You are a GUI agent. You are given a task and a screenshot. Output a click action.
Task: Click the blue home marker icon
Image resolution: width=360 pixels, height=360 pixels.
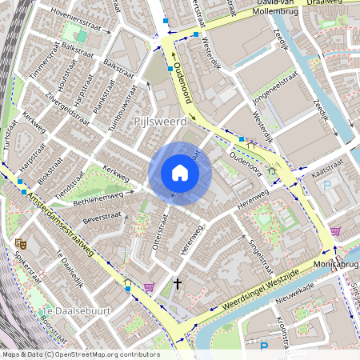pos(180,173)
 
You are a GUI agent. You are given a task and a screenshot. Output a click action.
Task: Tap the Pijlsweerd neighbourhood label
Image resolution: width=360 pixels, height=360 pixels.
pos(159,122)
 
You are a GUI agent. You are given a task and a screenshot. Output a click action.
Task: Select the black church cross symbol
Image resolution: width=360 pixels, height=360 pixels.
pos(178,283)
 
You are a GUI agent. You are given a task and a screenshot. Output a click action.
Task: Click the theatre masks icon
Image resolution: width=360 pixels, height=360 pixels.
pos(19,242)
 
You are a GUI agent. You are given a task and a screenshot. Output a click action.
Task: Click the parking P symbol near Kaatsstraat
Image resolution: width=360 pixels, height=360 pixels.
pos(326,185)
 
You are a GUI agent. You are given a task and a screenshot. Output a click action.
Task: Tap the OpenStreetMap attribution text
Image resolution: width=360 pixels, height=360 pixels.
pos(80,354)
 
